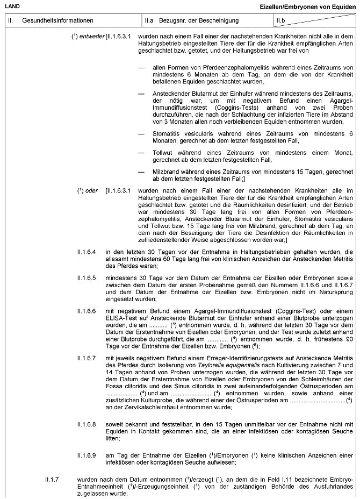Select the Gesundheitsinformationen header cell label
pos(57,20)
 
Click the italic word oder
pos(92,191)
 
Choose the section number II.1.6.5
pos(87,277)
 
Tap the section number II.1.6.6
pos(87,311)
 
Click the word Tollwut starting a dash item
pos(163,152)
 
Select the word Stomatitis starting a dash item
pos(166,133)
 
